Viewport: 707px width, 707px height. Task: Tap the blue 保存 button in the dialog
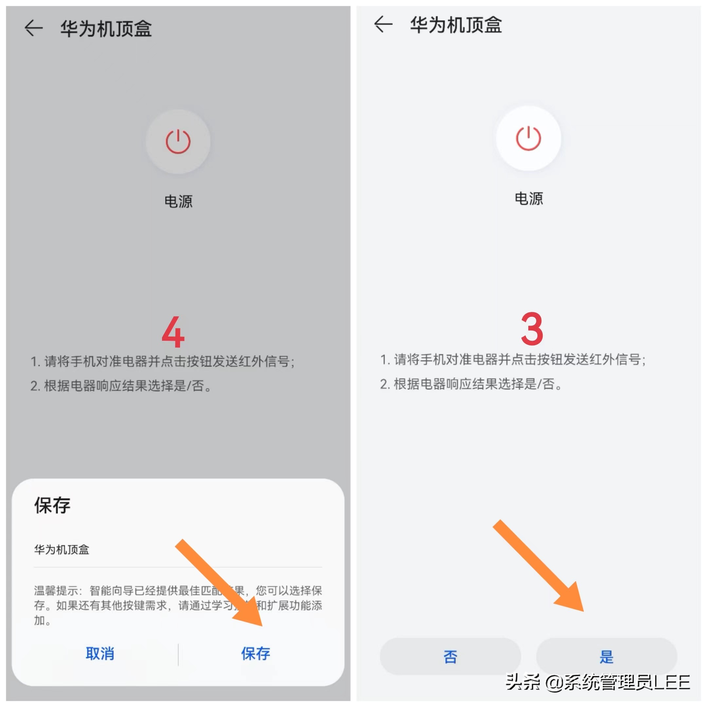(x=255, y=653)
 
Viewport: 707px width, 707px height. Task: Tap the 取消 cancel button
(x=100, y=653)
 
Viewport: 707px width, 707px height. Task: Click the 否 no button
(x=450, y=657)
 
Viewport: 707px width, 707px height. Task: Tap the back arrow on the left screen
(x=34, y=28)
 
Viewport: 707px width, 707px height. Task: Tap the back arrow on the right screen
(x=383, y=25)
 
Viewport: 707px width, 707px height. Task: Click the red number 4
(x=173, y=332)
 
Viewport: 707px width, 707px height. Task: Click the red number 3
(x=532, y=329)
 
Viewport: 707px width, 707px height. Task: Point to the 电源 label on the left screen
(x=178, y=202)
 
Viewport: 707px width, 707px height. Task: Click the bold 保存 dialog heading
(x=52, y=505)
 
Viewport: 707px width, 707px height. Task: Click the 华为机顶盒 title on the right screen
(x=456, y=25)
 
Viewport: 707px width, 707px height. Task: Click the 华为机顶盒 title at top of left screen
(x=106, y=28)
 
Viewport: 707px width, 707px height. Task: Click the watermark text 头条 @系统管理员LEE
(x=597, y=682)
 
